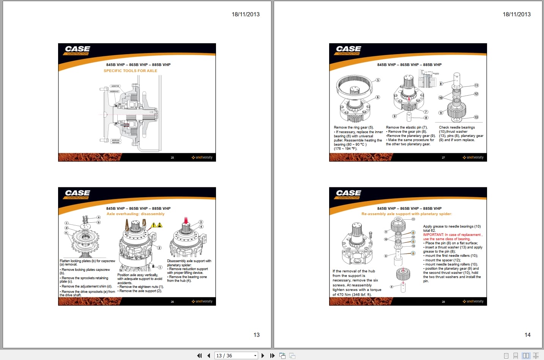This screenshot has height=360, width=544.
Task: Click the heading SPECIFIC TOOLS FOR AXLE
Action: [x=130, y=71]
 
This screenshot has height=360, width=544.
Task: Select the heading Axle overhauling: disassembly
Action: [x=136, y=214]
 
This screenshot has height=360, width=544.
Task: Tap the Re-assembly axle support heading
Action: [x=407, y=214]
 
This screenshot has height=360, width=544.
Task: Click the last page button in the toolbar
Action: [x=272, y=355]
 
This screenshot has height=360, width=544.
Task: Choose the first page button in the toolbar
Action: [x=199, y=355]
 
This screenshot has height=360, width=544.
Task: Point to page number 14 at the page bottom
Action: [x=527, y=335]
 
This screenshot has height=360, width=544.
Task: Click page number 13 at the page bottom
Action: [x=256, y=335]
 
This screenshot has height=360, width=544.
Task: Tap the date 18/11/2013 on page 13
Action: [x=246, y=14]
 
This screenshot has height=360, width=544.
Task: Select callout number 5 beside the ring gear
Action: [x=378, y=80]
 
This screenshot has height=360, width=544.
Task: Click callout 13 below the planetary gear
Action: [x=476, y=117]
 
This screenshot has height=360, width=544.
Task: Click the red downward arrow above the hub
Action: [x=186, y=220]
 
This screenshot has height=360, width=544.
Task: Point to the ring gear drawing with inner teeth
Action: [x=354, y=85]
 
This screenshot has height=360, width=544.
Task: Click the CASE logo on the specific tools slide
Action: [x=77, y=49]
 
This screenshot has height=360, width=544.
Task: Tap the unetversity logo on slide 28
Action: [x=473, y=301]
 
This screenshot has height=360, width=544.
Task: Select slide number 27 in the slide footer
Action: [x=443, y=157]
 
